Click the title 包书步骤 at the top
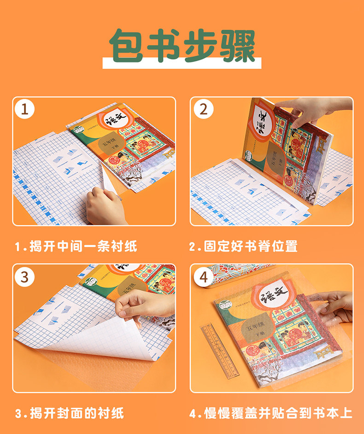[182, 46]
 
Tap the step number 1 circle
[25, 110]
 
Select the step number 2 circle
[203, 110]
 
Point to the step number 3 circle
[25, 277]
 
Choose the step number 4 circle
[203, 277]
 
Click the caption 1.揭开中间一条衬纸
[76, 246]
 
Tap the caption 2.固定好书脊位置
[243, 246]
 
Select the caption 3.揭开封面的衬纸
[70, 413]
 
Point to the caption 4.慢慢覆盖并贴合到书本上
[271, 413]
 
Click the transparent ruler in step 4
[219, 350]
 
